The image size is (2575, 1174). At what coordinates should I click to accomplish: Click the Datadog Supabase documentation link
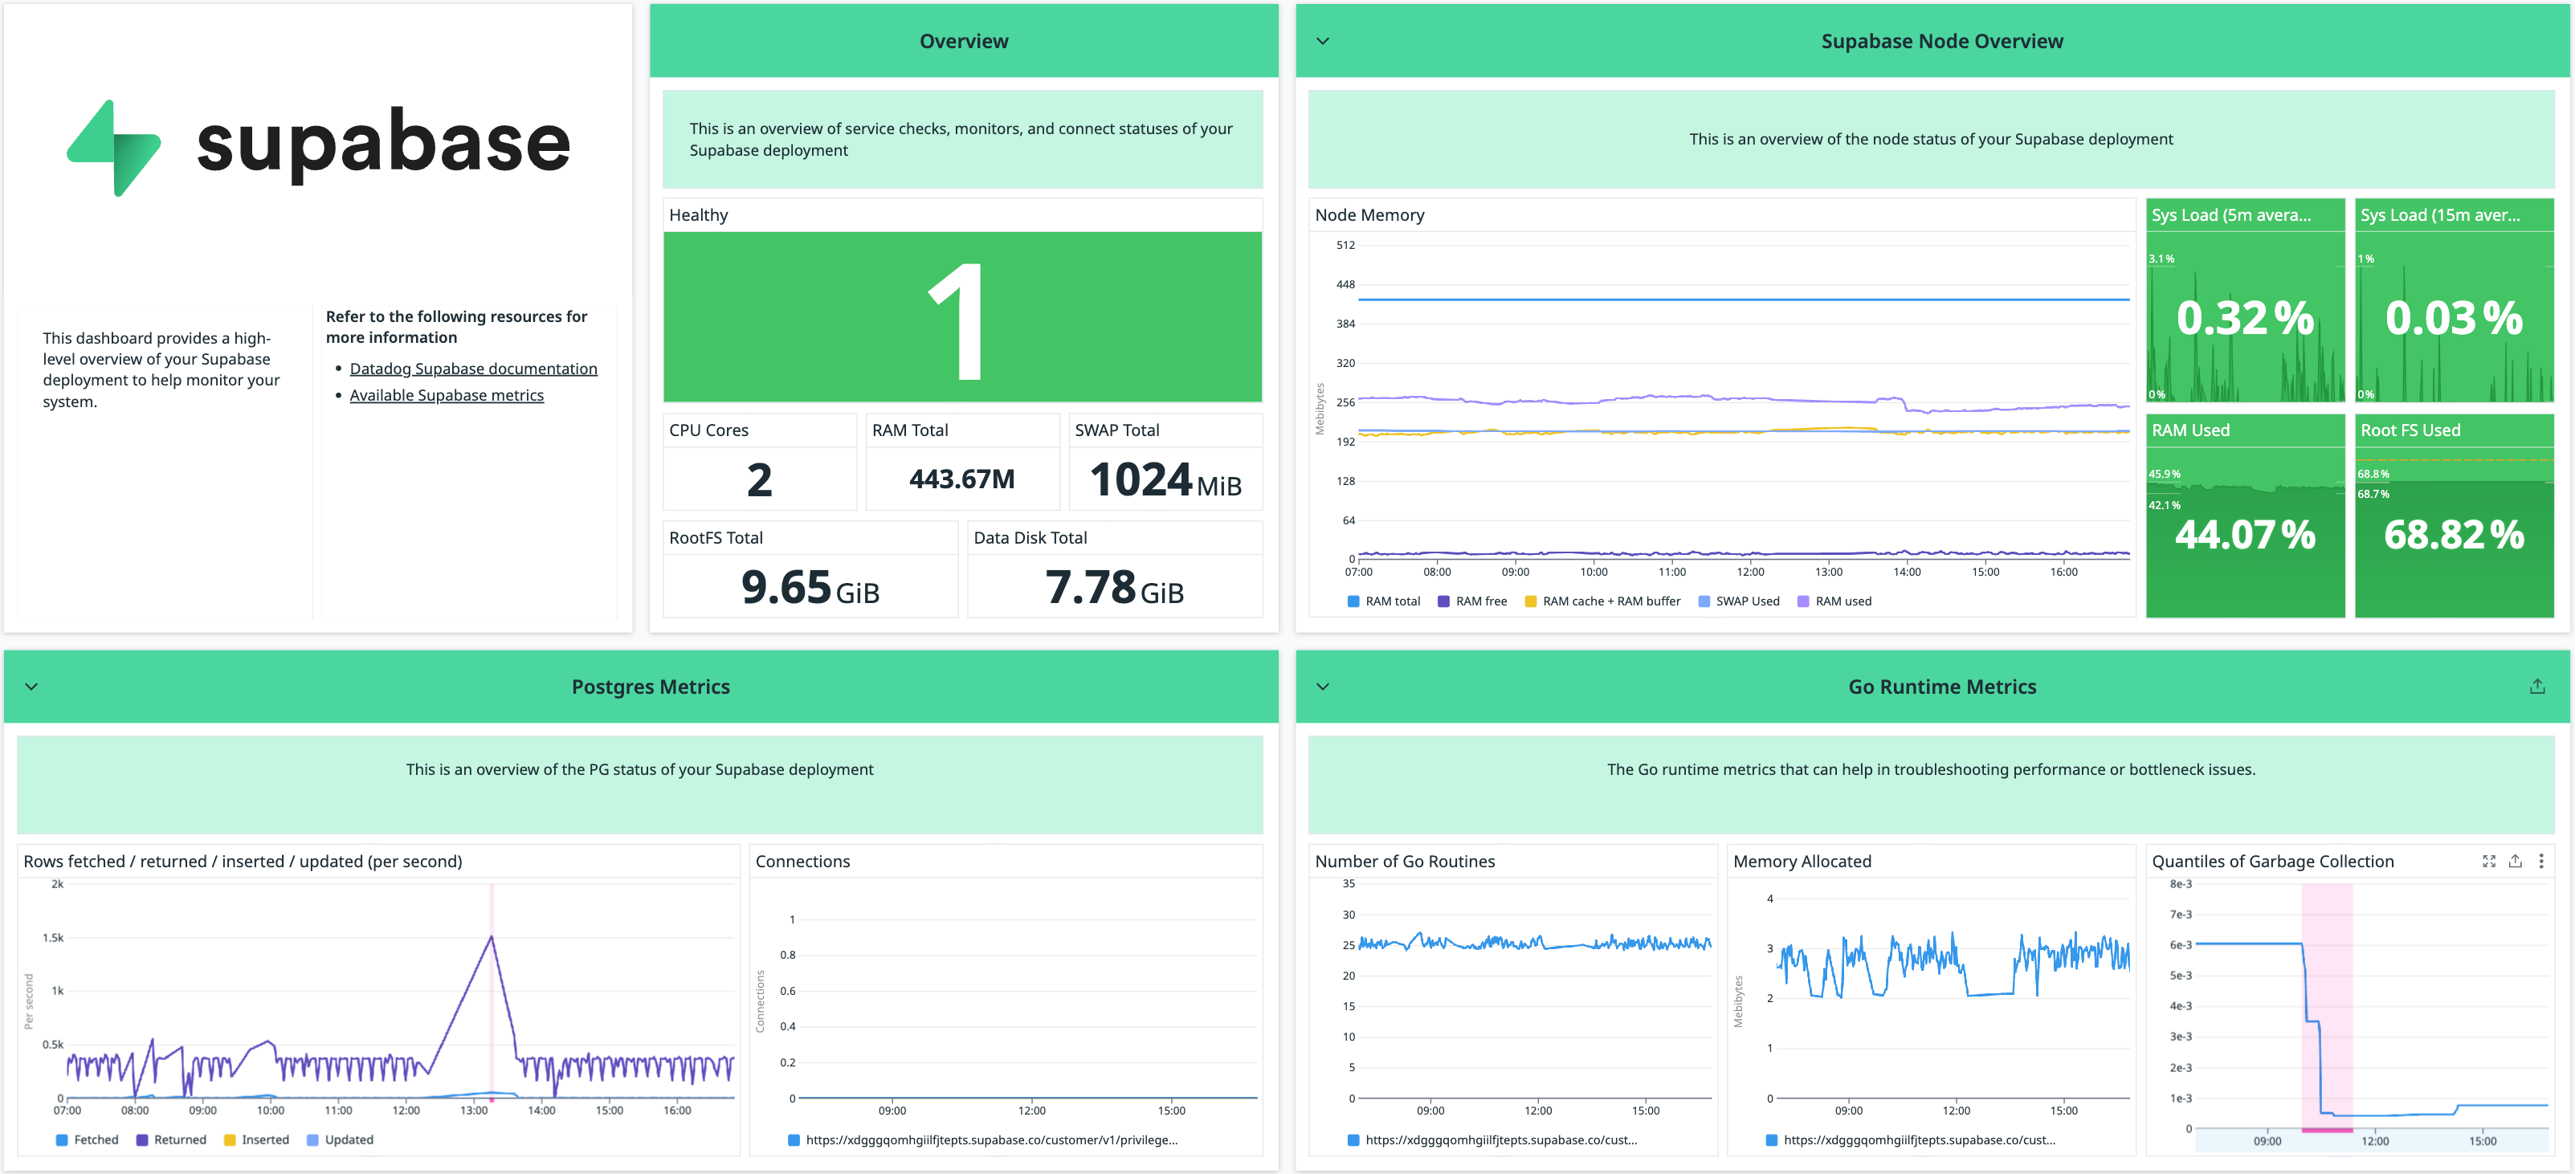coord(473,369)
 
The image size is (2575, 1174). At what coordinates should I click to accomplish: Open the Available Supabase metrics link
coord(446,396)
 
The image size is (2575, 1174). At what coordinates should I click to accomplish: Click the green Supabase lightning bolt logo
coord(114,148)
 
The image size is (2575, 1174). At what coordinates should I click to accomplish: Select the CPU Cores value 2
coord(759,480)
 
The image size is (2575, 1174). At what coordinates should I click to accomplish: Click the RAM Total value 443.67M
coord(961,479)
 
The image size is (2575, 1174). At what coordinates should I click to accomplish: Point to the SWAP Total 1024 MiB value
coord(1165,480)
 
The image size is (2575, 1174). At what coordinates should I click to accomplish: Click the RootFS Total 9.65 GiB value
coord(810,588)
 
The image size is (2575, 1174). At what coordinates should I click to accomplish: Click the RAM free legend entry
coord(1479,601)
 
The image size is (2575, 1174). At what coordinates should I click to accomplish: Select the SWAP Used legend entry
coord(1746,601)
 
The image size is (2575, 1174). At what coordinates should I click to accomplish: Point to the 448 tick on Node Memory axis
coord(1345,285)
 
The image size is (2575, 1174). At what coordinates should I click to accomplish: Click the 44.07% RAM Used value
coord(2244,535)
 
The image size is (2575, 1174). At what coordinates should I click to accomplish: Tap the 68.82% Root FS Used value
coord(2453,535)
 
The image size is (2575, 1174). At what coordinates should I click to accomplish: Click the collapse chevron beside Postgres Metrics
coord(32,687)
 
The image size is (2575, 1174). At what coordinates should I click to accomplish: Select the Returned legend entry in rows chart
coord(179,1140)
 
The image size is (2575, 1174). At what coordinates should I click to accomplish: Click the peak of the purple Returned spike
coord(491,936)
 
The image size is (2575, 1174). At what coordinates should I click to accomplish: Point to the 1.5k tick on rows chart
coord(53,938)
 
